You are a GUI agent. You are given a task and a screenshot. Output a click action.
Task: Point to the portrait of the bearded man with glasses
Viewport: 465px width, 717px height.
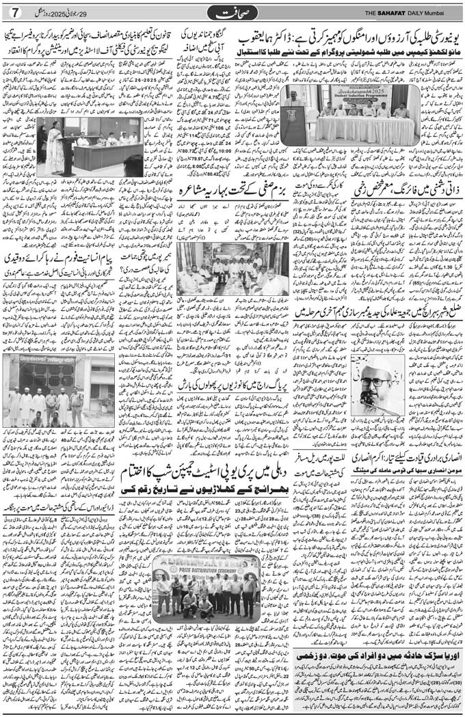click(x=376, y=386)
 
